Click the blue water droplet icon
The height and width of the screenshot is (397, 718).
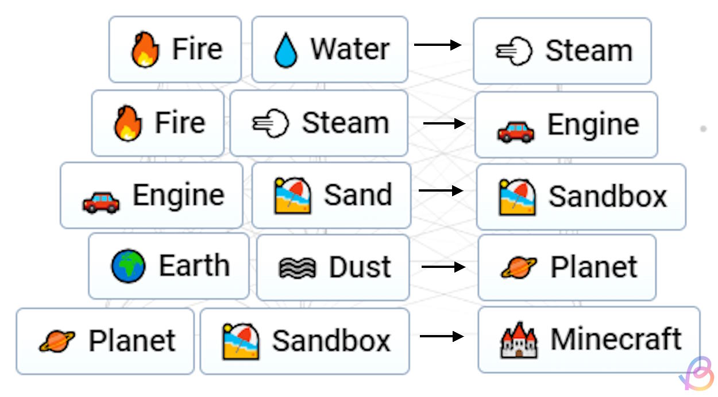click(x=285, y=50)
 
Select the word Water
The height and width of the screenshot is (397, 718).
click(x=350, y=49)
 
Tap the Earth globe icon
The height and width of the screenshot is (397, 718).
click(x=128, y=267)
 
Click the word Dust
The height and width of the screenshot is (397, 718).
click(x=360, y=267)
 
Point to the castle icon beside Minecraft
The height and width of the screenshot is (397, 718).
click(x=518, y=340)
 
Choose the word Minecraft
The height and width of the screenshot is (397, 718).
click(x=616, y=339)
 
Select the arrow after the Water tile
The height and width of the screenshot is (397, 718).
click(x=438, y=45)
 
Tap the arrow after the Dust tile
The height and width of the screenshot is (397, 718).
click(x=443, y=267)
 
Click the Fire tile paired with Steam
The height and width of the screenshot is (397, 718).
click(x=157, y=123)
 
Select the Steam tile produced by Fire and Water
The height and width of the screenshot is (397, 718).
click(x=562, y=50)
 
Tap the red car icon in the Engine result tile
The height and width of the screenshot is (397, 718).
click(x=515, y=131)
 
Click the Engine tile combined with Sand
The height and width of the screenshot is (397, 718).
click(x=152, y=196)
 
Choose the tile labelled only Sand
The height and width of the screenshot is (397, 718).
click(x=331, y=196)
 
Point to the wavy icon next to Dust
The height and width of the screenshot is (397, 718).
click(x=297, y=268)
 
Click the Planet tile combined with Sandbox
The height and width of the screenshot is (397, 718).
click(x=105, y=341)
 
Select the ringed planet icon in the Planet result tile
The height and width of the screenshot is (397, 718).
click(x=519, y=267)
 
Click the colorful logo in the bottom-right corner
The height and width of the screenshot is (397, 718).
click(x=697, y=375)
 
